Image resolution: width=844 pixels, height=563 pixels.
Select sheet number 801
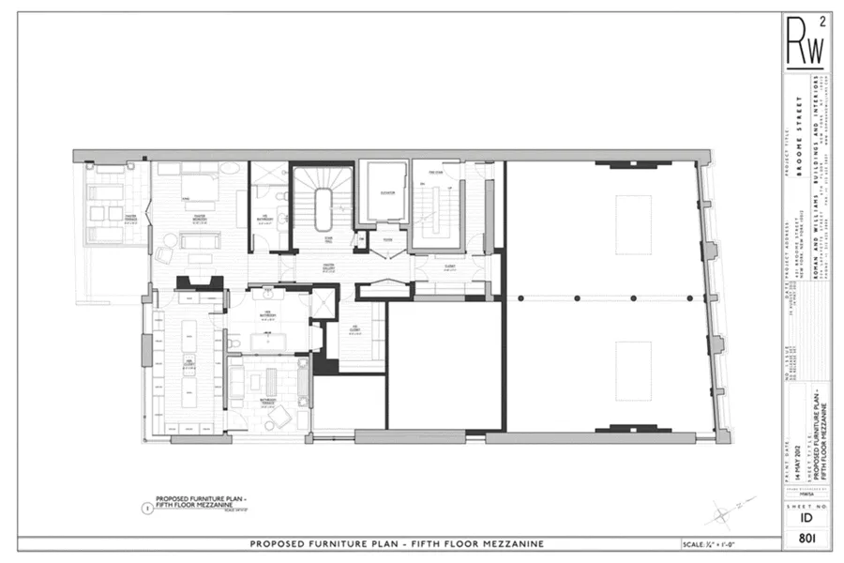803,539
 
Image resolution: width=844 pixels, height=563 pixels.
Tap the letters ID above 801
803,514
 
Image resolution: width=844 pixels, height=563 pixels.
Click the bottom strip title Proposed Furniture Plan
397,544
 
